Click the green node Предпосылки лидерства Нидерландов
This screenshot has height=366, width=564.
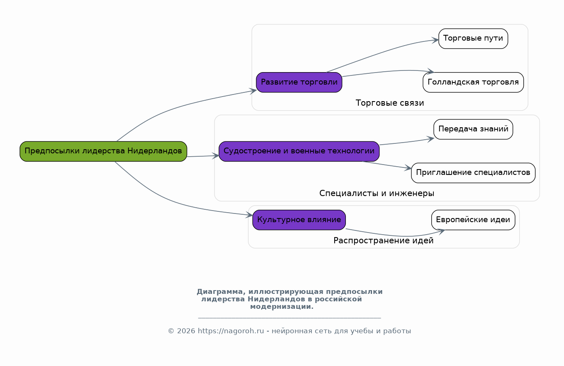[x=103, y=151]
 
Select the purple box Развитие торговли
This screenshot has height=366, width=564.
[x=299, y=82]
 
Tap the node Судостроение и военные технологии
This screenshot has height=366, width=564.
[x=299, y=151]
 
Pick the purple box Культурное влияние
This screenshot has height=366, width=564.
[x=299, y=220]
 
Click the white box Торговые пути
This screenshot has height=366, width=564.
[x=473, y=39]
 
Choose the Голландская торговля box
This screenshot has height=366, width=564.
[x=473, y=82]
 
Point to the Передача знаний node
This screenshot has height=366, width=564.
[x=473, y=129]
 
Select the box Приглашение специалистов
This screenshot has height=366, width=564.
[x=473, y=172]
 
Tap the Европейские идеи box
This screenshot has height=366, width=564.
[x=473, y=220]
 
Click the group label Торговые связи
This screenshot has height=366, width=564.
[x=390, y=103]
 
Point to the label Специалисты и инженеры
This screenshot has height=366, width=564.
[x=377, y=193]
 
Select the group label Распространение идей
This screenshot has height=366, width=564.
[x=384, y=241]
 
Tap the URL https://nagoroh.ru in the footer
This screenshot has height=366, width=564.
[x=231, y=331]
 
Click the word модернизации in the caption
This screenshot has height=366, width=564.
[x=282, y=307]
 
